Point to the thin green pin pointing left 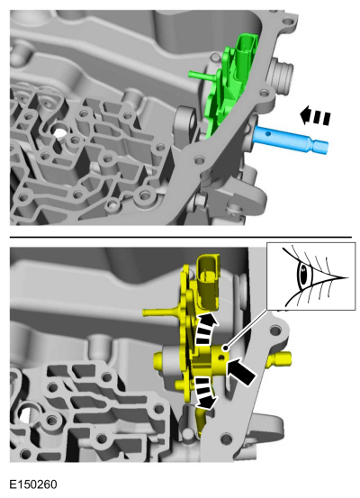pos(202,76)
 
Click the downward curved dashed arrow pos(206,393)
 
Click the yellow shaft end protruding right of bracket pos(280,359)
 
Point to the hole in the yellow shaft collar pos(221,358)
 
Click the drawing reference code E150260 pos(33,484)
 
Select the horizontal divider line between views pos(181,237)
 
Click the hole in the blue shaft pos(268,133)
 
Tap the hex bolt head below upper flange pos(200,200)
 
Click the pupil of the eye pos(303,274)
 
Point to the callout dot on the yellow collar pos(225,349)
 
